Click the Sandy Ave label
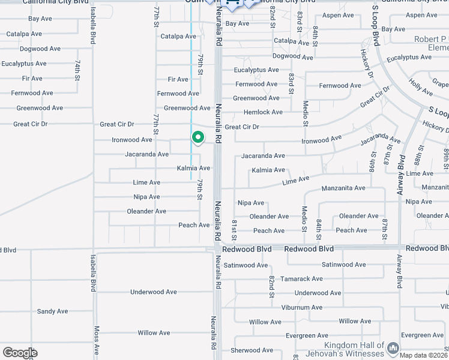point(53,311)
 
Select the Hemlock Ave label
point(263,112)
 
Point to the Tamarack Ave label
point(301,279)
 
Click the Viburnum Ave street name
point(301,308)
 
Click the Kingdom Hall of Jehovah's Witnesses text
point(354,349)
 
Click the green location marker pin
point(198,137)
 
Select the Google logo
point(19,353)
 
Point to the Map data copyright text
point(424,355)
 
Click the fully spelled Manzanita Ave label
point(343,188)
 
